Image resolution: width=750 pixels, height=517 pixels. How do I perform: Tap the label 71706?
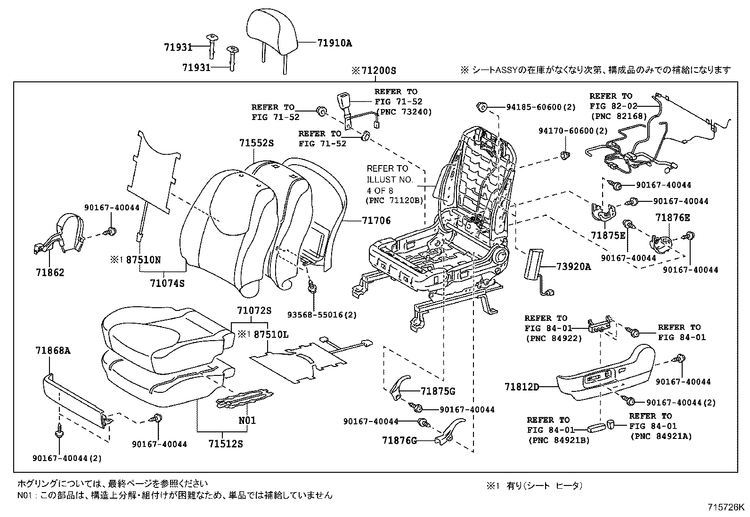point(376,221)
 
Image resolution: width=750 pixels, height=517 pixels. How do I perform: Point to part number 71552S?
point(256,143)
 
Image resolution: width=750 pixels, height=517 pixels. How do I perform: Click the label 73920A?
point(573,267)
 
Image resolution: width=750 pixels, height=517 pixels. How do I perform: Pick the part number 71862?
point(49,273)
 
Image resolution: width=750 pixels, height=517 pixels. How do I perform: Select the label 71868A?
point(53,350)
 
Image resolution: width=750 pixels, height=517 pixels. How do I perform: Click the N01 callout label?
point(247,420)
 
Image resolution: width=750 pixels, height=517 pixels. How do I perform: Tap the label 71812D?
point(522,387)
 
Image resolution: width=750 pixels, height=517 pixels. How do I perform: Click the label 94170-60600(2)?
point(573,131)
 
